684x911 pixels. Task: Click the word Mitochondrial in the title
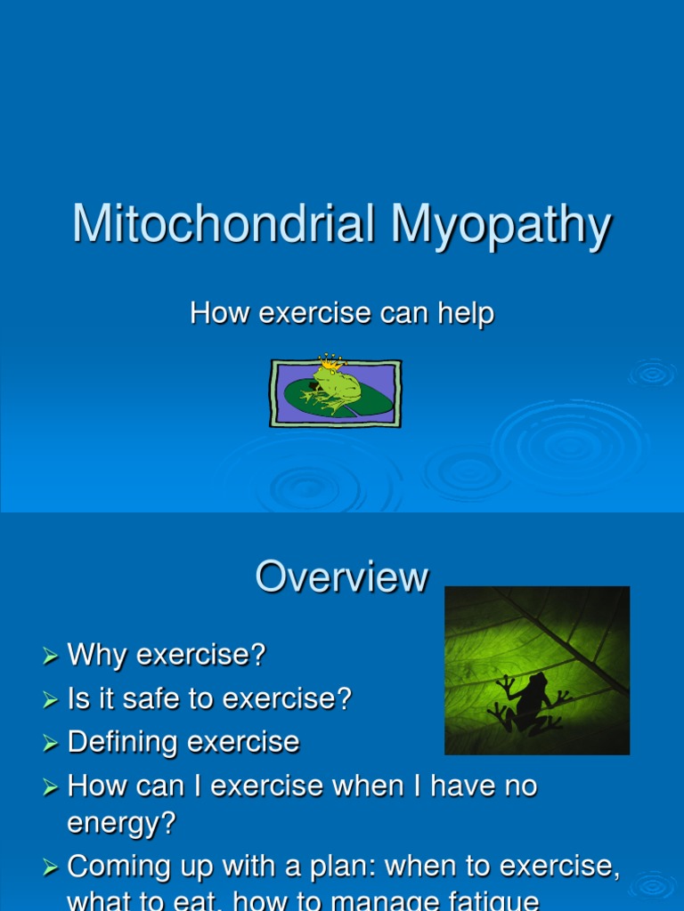click(x=223, y=224)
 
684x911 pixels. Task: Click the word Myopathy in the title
click(x=501, y=226)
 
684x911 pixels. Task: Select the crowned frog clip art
click(x=336, y=392)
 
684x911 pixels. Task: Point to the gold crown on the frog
click(x=330, y=362)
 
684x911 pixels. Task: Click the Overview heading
click(x=341, y=576)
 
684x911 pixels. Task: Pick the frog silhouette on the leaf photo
click(x=525, y=702)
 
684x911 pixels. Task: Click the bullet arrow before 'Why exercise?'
click(x=50, y=657)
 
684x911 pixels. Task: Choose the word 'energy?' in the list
click(x=121, y=823)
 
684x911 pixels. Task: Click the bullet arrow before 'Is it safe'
click(x=50, y=700)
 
